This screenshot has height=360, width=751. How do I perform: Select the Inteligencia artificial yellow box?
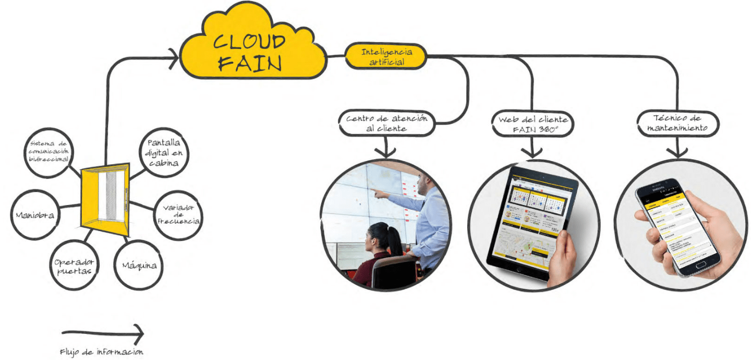pos(386,57)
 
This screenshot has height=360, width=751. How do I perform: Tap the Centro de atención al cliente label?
pos(386,124)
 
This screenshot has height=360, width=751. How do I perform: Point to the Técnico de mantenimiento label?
pos(677,124)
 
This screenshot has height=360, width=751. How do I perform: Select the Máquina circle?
pos(139,265)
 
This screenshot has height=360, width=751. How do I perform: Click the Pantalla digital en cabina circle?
pos(163,152)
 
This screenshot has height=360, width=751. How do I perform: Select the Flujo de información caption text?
pos(102,352)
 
